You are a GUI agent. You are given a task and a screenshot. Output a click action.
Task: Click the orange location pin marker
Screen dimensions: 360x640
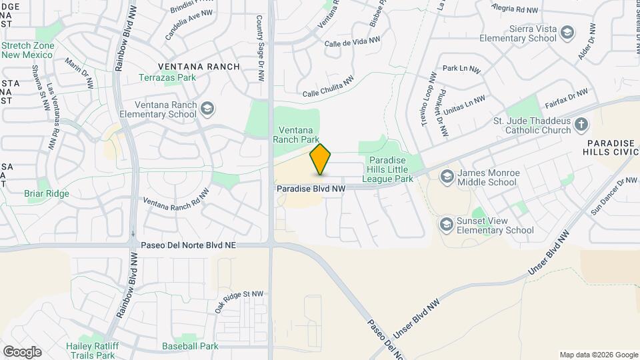(x=321, y=159)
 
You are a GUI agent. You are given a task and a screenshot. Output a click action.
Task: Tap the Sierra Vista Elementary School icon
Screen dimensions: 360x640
(x=567, y=32)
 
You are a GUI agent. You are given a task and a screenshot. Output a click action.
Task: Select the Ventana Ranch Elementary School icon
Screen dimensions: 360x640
(x=208, y=108)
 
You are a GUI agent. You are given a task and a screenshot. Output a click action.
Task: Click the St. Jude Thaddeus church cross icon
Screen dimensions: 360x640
(x=581, y=124)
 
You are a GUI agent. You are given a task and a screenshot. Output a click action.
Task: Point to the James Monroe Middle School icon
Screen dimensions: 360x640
(x=447, y=176)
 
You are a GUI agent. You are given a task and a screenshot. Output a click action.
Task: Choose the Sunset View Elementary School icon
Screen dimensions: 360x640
(x=446, y=225)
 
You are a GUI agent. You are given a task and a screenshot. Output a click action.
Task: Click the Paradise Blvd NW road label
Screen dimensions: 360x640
(x=311, y=189)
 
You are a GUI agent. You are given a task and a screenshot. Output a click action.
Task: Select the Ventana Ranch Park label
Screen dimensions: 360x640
(x=295, y=135)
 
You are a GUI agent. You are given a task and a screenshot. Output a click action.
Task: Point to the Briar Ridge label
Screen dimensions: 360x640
(x=47, y=193)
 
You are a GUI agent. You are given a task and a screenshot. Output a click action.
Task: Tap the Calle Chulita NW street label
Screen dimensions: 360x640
(x=327, y=87)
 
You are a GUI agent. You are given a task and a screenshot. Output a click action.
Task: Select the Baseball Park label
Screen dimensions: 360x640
(x=190, y=346)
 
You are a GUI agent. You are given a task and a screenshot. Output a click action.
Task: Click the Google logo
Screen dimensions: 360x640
(x=22, y=351)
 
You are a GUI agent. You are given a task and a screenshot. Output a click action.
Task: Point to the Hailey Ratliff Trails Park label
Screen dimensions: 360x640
(x=91, y=350)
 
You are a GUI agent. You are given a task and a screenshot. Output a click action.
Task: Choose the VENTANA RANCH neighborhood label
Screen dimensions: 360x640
(x=199, y=66)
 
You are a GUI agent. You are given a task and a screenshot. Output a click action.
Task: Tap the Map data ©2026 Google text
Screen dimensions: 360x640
(x=598, y=355)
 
